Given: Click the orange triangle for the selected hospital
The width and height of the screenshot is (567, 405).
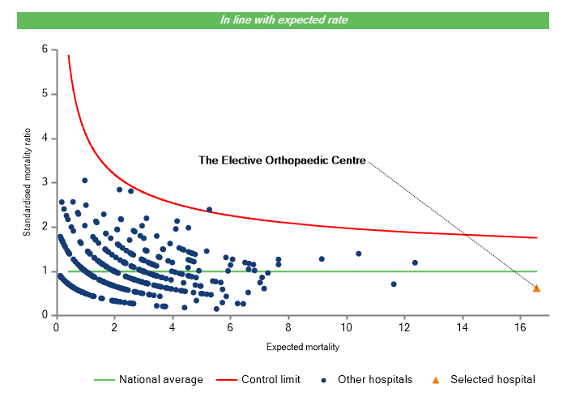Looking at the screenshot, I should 536,288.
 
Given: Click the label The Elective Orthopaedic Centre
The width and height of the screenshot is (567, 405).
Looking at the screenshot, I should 283,160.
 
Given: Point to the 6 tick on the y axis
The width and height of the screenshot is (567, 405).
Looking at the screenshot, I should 45,49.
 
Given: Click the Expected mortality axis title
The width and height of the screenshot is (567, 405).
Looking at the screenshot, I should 302,347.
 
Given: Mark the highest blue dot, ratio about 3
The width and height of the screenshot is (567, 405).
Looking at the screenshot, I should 84,181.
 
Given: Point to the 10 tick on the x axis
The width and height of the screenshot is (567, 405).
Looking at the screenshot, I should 347,327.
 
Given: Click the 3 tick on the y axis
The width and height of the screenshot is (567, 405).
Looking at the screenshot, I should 45,182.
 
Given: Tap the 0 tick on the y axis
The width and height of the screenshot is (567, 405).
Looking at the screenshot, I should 45,315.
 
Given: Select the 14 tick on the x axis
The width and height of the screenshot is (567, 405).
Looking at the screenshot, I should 463,327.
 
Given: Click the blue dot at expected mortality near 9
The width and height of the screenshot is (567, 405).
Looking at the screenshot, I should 322,259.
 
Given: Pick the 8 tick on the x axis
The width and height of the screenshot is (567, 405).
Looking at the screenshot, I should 288,327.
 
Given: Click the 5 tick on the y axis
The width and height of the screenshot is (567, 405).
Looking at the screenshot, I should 45,94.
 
